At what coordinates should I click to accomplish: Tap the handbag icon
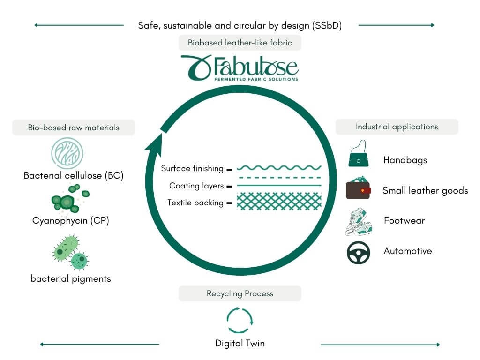coord(359,154)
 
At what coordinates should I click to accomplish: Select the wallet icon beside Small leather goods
coord(359,190)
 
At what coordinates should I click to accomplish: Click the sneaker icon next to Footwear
coord(358,222)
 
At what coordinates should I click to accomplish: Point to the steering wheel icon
coord(359,252)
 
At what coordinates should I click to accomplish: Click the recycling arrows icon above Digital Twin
coord(240,320)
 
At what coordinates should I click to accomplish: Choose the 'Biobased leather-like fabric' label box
coord(240,43)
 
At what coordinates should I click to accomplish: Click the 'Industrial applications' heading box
coord(397,127)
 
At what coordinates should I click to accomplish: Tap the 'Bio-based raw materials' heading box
coord(73,127)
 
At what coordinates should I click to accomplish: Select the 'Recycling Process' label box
coord(240,294)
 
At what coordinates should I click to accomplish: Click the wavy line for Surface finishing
coord(279,167)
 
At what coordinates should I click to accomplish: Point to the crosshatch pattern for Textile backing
coord(279,201)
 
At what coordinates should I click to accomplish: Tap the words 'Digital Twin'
coord(240,343)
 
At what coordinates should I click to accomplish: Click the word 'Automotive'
coord(408,251)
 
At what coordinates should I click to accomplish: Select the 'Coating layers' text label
coord(196,186)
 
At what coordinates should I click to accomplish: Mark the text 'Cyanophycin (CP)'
coord(71,220)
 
